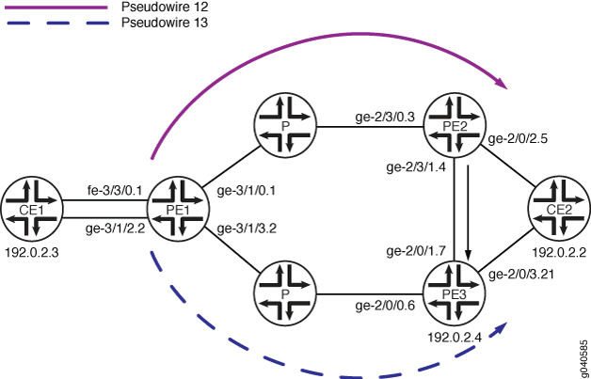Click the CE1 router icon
(32, 209)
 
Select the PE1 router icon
(179, 209)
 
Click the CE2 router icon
(560, 209)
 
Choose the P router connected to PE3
(285, 292)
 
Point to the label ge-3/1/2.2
(116, 229)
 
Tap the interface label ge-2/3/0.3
(385, 117)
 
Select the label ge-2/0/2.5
(518, 139)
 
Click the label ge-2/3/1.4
(417, 166)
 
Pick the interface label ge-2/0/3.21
(520, 275)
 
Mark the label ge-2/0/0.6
(385, 306)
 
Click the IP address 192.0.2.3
(32, 252)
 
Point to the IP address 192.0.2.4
(455, 337)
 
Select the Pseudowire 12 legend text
(165, 7)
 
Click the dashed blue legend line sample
(57, 24)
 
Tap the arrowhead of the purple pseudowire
(502, 84)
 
